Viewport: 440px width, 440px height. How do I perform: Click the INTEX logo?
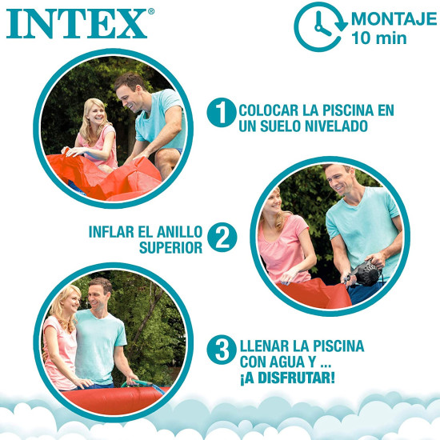point(77,23)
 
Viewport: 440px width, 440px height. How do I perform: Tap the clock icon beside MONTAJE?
point(321,27)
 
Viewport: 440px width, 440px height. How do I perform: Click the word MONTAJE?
point(394,19)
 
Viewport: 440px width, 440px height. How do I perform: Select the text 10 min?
point(379,38)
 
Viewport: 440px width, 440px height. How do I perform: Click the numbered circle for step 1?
point(221,112)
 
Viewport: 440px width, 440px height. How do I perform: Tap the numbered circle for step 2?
point(222,238)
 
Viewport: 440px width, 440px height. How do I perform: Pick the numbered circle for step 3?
point(222,350)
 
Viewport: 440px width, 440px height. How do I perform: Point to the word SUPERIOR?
point(170,248)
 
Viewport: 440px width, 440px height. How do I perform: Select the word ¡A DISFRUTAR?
point(287,378)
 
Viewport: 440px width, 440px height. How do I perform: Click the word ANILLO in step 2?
point(179,232)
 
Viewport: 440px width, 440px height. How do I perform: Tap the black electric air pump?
point(364,273)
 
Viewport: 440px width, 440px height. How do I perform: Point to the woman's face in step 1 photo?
point(97,115)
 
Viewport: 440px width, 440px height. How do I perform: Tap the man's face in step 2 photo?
point(339,180)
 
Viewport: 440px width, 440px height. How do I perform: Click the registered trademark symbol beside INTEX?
point(151,11)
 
